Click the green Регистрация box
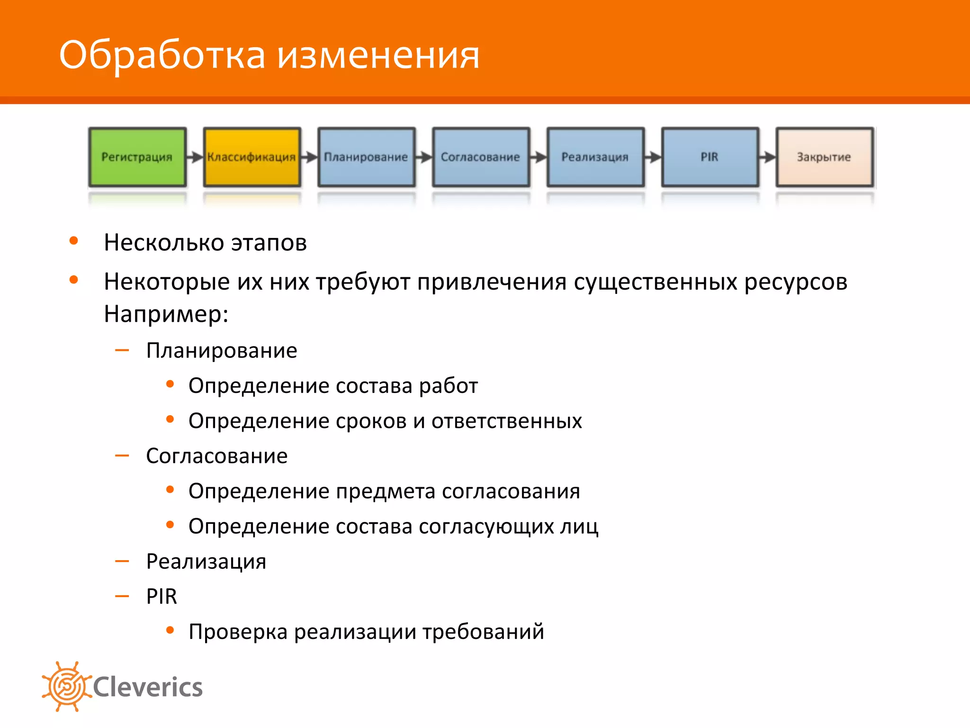(x=137, y=157)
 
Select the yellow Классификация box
(x=251, y=157)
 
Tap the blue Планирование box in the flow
(x=366, y=157)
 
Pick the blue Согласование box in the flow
(x=481, y=157)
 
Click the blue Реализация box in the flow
(x=595, y=157)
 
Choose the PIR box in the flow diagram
(x=710, y=157)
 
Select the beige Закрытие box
(x=825, y=157)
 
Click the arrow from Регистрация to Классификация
(x=195, y=157)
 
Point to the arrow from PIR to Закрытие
(x=767, y=157)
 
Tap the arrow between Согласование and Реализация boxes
(x=538, y=157)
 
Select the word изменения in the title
(x=378, y=56)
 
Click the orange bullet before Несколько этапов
(x=73, y=241)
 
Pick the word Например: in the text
(x=166, y=314)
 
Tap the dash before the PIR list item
(x=122, y=596)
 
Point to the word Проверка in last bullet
(x=238, y=632)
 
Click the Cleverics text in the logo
(x=148, y=687)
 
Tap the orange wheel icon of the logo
(x=66, y=686)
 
